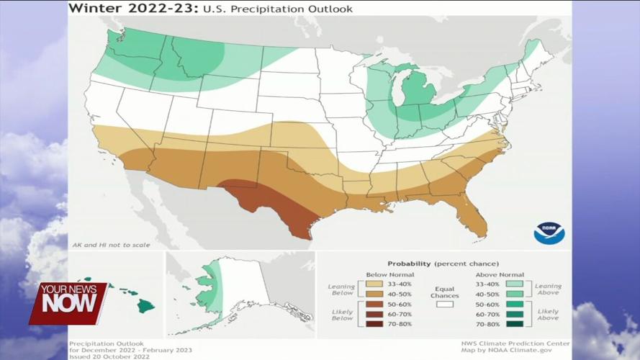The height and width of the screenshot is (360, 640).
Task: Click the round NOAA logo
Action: tap(549, 233)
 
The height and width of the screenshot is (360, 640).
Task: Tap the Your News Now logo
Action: tap(68, 303)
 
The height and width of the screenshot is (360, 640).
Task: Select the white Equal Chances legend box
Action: tap(443, 305)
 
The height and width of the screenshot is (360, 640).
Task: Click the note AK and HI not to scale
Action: tap(111, 245)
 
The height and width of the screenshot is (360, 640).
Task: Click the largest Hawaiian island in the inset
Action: tap(146, 305)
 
